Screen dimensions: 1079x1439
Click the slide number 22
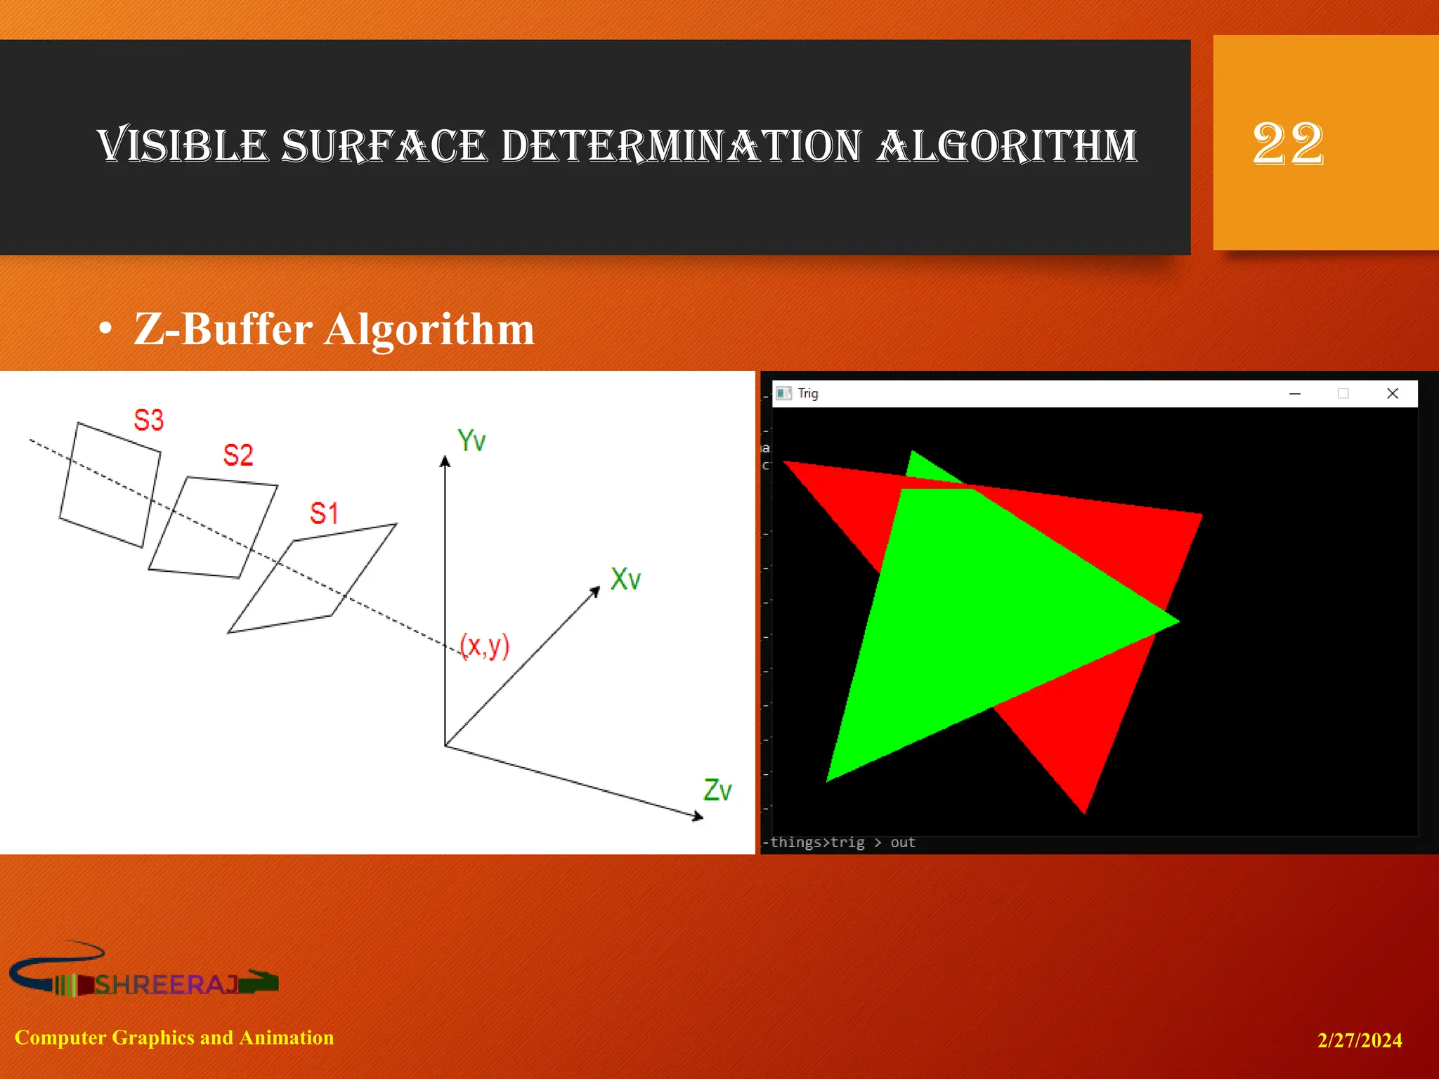(1288, 144)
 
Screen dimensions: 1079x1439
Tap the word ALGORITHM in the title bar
(1007, 146)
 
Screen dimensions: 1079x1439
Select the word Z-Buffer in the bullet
(223, 329)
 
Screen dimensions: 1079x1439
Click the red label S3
(148, 420)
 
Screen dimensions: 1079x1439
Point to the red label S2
(237, 455)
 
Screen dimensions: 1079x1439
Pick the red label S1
(324, 514)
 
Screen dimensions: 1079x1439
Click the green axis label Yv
(471, 440)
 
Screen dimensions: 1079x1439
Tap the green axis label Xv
(625, 579)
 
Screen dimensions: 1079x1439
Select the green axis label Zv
(717, 790)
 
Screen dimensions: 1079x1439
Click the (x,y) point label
(484, 645)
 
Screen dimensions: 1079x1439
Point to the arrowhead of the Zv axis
(697, 816)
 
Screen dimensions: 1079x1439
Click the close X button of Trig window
(1393, 393)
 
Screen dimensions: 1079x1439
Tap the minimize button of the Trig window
(1295, 393)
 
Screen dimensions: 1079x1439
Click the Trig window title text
(808, 393)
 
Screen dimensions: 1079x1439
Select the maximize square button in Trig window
(1343, 393)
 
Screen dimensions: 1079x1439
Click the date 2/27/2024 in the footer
(1359, 1040)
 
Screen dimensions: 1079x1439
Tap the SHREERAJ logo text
(166, 984)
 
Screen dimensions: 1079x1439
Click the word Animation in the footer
(287, 1038)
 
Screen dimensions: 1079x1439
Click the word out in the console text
(903, 842)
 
